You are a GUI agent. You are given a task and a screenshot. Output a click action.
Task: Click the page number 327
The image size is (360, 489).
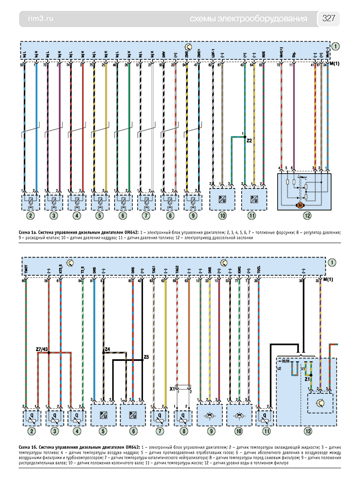(329, 19)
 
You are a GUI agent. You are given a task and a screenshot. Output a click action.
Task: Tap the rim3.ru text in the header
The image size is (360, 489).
(39, 19)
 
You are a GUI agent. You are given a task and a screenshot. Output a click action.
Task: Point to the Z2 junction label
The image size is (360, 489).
(250, 140)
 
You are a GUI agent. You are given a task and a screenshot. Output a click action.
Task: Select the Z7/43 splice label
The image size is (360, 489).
(43, 350)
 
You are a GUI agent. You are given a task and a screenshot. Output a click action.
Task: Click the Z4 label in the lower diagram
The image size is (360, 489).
(107, 350)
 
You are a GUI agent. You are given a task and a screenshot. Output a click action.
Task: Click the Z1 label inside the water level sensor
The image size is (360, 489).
(307, 379)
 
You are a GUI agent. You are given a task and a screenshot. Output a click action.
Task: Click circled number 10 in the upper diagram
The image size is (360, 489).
(222, 215)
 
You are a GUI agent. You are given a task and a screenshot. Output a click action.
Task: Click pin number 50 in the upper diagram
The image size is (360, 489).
(22, 66)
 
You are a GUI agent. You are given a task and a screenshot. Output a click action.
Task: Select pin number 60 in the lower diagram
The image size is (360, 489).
(24, 281)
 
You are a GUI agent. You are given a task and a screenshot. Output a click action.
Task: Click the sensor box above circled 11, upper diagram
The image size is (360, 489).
(253, 198)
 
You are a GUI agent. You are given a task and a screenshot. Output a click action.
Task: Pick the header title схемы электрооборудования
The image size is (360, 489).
(248, 19)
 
